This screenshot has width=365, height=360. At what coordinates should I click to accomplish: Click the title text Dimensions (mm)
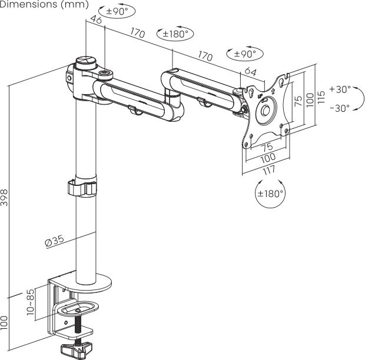point(45,5)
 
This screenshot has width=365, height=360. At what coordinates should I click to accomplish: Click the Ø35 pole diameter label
point(54,241)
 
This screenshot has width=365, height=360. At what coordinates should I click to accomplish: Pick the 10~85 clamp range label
point(30,302)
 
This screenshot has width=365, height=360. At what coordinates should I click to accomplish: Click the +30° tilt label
point(340,89)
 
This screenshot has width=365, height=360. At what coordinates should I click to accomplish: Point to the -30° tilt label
point(340,108)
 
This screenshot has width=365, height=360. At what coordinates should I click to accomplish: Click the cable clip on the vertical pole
point(82,189)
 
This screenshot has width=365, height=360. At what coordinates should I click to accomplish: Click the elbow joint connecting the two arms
point(172,93)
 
